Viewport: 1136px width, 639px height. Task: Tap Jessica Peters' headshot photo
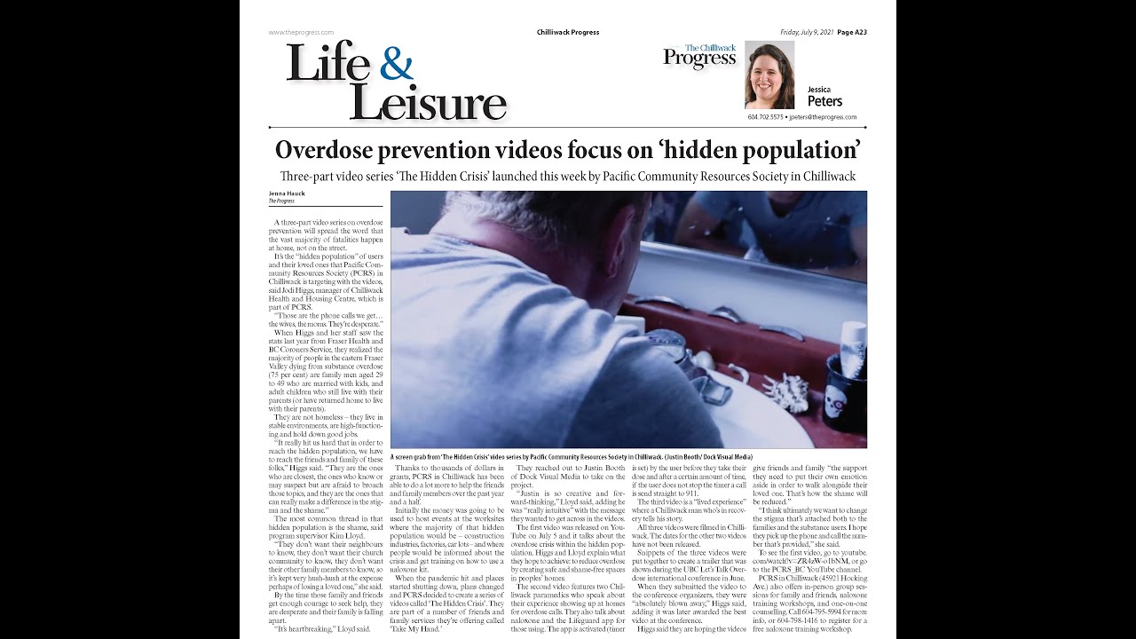coord(769,75)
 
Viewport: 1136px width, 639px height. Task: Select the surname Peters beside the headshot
coord(824,101)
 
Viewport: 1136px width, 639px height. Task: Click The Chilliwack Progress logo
coord(700,56)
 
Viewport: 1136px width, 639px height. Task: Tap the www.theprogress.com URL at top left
coord(301,32)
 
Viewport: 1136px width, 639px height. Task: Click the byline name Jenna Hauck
coord(286,193)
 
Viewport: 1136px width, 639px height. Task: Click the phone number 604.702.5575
coord(765,117)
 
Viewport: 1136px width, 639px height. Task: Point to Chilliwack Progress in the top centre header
coord(568,32)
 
